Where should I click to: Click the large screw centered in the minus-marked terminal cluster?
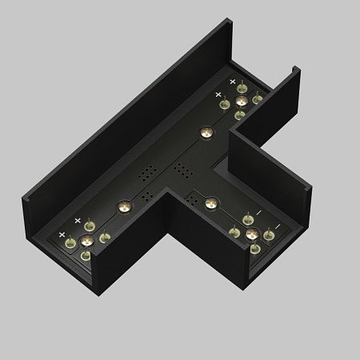click(x=252, y=234)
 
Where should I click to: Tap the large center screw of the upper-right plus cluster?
click(x=241, y=100)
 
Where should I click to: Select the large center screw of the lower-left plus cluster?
click(x=86, y=240)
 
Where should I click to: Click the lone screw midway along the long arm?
click(x=206, y=131)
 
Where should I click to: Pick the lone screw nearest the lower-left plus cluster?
click(x=123, y=206)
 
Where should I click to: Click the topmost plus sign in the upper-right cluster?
click(x=234, y=82)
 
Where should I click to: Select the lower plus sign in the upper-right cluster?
click(x=218, y=94)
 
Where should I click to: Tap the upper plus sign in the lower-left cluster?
click(x=78, y=220)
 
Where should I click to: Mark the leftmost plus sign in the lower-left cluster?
click(x=62, y=234)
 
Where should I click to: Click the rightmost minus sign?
click(x=277, y=226)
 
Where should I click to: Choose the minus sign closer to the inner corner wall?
click(x=258, y=212)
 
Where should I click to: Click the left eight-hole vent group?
click(x=148, y=172)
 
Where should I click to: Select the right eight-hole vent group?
click(x=183, y=171)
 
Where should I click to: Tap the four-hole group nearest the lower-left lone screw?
click(x=146, y=195)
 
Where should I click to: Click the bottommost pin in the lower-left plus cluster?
click(x=86, y=256)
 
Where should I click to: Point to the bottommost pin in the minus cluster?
click(x=254, y=249)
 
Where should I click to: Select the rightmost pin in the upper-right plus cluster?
click(x=258, y=99)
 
